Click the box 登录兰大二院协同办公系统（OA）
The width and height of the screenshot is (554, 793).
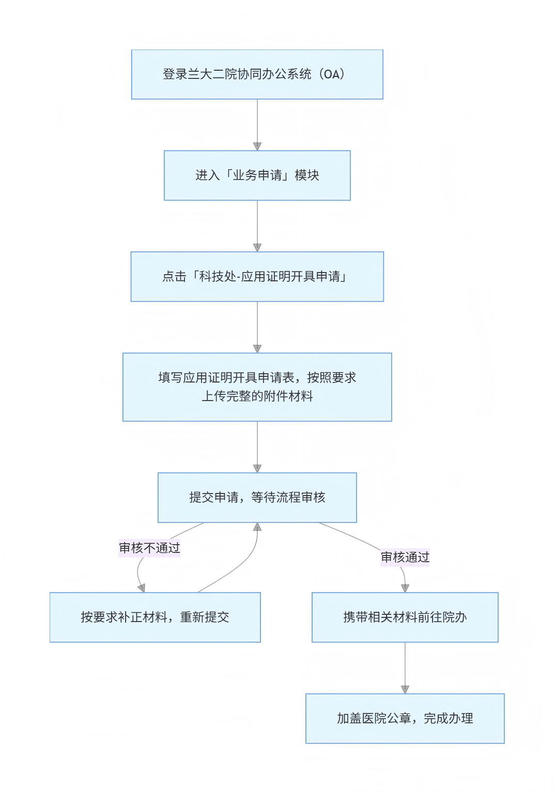257,74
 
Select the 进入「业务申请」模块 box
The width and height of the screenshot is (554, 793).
257,176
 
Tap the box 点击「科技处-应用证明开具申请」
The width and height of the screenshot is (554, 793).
257,277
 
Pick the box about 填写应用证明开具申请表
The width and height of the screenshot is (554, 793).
257,387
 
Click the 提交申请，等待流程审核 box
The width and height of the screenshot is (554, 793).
257,497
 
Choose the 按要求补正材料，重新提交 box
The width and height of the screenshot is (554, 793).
155,617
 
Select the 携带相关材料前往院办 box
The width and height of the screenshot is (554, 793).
405,617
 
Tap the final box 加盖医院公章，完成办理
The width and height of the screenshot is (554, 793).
405,718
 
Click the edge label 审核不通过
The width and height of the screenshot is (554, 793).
149,548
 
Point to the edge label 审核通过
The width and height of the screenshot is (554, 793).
405,557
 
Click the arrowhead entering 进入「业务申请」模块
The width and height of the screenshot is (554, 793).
257,147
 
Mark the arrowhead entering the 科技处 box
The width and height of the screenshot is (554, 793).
257,248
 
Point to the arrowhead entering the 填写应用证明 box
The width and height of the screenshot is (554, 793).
257,349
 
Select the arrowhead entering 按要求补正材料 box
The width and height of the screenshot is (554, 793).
142,588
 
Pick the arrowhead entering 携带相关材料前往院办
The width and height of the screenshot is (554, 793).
405,589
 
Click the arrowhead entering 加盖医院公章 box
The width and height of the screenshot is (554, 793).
405,690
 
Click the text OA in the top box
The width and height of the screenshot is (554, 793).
332,74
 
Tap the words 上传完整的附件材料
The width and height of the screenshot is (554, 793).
257,396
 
